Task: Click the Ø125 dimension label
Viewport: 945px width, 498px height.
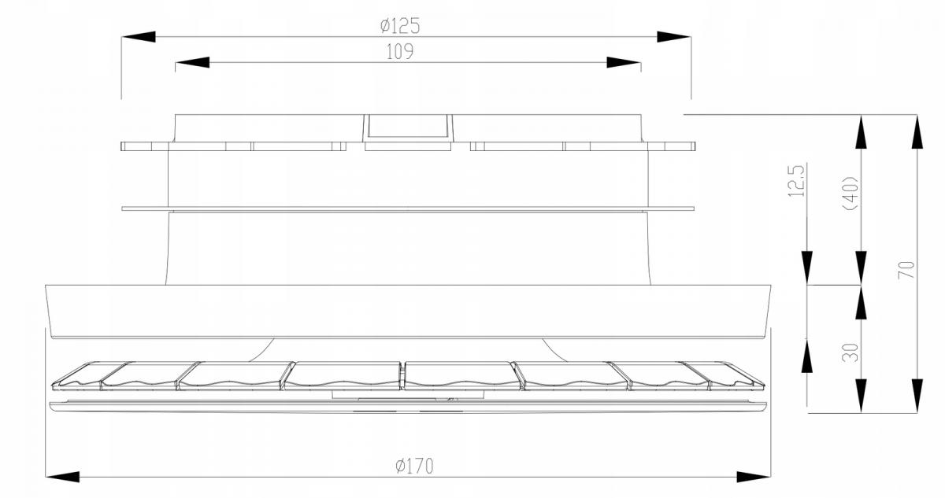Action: (399, 26)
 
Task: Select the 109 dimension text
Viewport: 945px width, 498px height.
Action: (399, 52)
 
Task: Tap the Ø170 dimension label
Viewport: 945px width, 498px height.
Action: (414, 466)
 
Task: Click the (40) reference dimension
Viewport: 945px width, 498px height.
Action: (852, 193)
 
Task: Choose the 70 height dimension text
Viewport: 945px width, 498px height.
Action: (906, 270)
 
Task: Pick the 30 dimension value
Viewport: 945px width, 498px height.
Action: (850, 352)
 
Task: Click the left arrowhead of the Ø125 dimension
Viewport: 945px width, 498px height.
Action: (139, 37)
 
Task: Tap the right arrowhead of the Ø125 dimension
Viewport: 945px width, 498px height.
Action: (674, 37)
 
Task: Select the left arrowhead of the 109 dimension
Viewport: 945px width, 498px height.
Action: (192, 62)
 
